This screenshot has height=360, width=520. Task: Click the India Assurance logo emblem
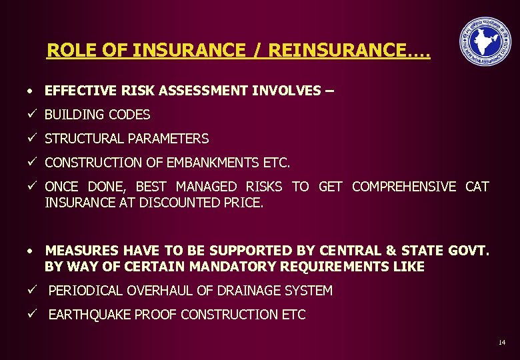click(x=485, y=42)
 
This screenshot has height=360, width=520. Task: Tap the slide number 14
click(x=501, y=343)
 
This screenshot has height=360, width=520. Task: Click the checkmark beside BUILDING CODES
click(x=31, y=115)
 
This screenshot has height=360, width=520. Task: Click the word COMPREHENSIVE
click(x=405, y=187)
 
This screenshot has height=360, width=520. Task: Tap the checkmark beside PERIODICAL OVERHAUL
click(x=31, y=291)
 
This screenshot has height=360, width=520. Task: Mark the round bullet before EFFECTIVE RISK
click(x=31, y=91)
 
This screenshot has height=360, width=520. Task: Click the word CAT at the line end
click(x=477, y=187)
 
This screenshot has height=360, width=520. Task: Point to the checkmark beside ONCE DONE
click(x=31, y=187)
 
